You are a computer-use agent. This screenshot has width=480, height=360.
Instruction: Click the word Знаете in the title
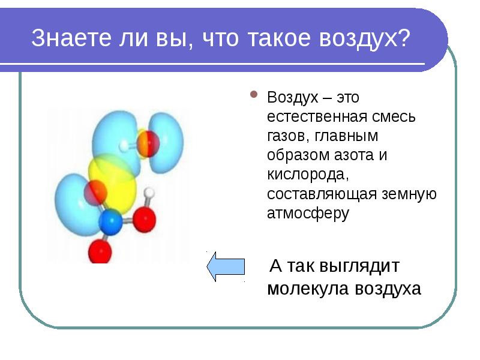(x=71, y=38)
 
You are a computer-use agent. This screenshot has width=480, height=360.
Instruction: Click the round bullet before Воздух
(x=254, y=94)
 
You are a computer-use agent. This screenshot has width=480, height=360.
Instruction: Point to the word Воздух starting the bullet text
(x=293, y=97)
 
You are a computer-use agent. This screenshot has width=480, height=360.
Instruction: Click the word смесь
(x=394, y=117)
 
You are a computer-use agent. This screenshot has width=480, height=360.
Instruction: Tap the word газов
(x=288, y=136)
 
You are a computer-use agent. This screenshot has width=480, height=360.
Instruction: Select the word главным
(x=346, y=136)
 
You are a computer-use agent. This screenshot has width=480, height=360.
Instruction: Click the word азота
(x=353, y=155)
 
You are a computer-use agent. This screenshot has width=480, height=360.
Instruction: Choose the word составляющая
(x=322, y=194)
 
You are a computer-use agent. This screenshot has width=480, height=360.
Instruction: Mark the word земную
(x=409, y=194)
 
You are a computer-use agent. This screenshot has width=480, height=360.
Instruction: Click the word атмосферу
(x=308, y=214)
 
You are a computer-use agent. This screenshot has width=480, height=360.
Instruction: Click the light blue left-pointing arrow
(x=226, y=266)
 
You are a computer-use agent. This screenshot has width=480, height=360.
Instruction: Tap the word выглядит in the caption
(x=359, y=266)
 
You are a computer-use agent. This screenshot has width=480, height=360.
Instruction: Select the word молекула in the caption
(x=308, y=289)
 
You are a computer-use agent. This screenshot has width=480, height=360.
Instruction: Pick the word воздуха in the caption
(x=388, y=289)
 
